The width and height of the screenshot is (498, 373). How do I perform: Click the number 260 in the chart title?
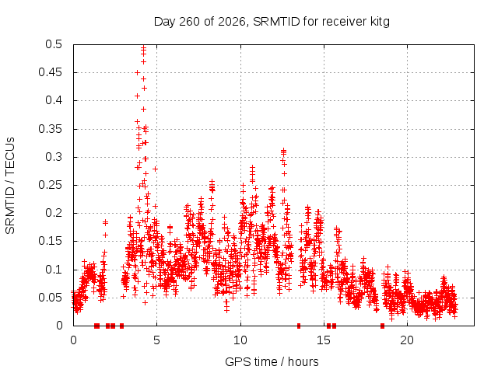point(189,22)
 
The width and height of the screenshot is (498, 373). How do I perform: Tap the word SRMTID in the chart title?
point(276,22)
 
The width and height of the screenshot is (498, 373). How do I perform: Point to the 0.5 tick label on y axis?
point(54,44)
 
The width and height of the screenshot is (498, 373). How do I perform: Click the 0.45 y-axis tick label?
point(50,72)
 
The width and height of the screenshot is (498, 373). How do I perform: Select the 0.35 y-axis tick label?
point(50,129)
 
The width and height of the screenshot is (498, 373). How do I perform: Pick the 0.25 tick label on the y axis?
point(50,185)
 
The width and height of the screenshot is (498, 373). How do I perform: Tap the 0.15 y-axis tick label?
point(50,241)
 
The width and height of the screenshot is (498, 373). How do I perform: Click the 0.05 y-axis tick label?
point(50,298)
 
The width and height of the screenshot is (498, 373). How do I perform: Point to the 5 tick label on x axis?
point(156,340)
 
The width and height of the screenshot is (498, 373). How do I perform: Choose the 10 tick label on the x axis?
point(240,340)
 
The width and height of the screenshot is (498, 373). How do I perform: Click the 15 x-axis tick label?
point(324,340)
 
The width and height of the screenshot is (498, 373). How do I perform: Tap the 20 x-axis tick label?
point(407,340)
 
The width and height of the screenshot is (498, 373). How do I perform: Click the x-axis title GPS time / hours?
point(272,362)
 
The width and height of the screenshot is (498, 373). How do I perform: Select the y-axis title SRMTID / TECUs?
point(10,186)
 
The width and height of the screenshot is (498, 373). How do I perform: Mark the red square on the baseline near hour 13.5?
point(299,326)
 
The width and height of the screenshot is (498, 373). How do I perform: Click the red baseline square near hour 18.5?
point(382,326)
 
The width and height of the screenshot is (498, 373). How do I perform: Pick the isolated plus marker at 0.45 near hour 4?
point(137,72)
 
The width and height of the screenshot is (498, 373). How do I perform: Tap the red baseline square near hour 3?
point(121,326)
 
